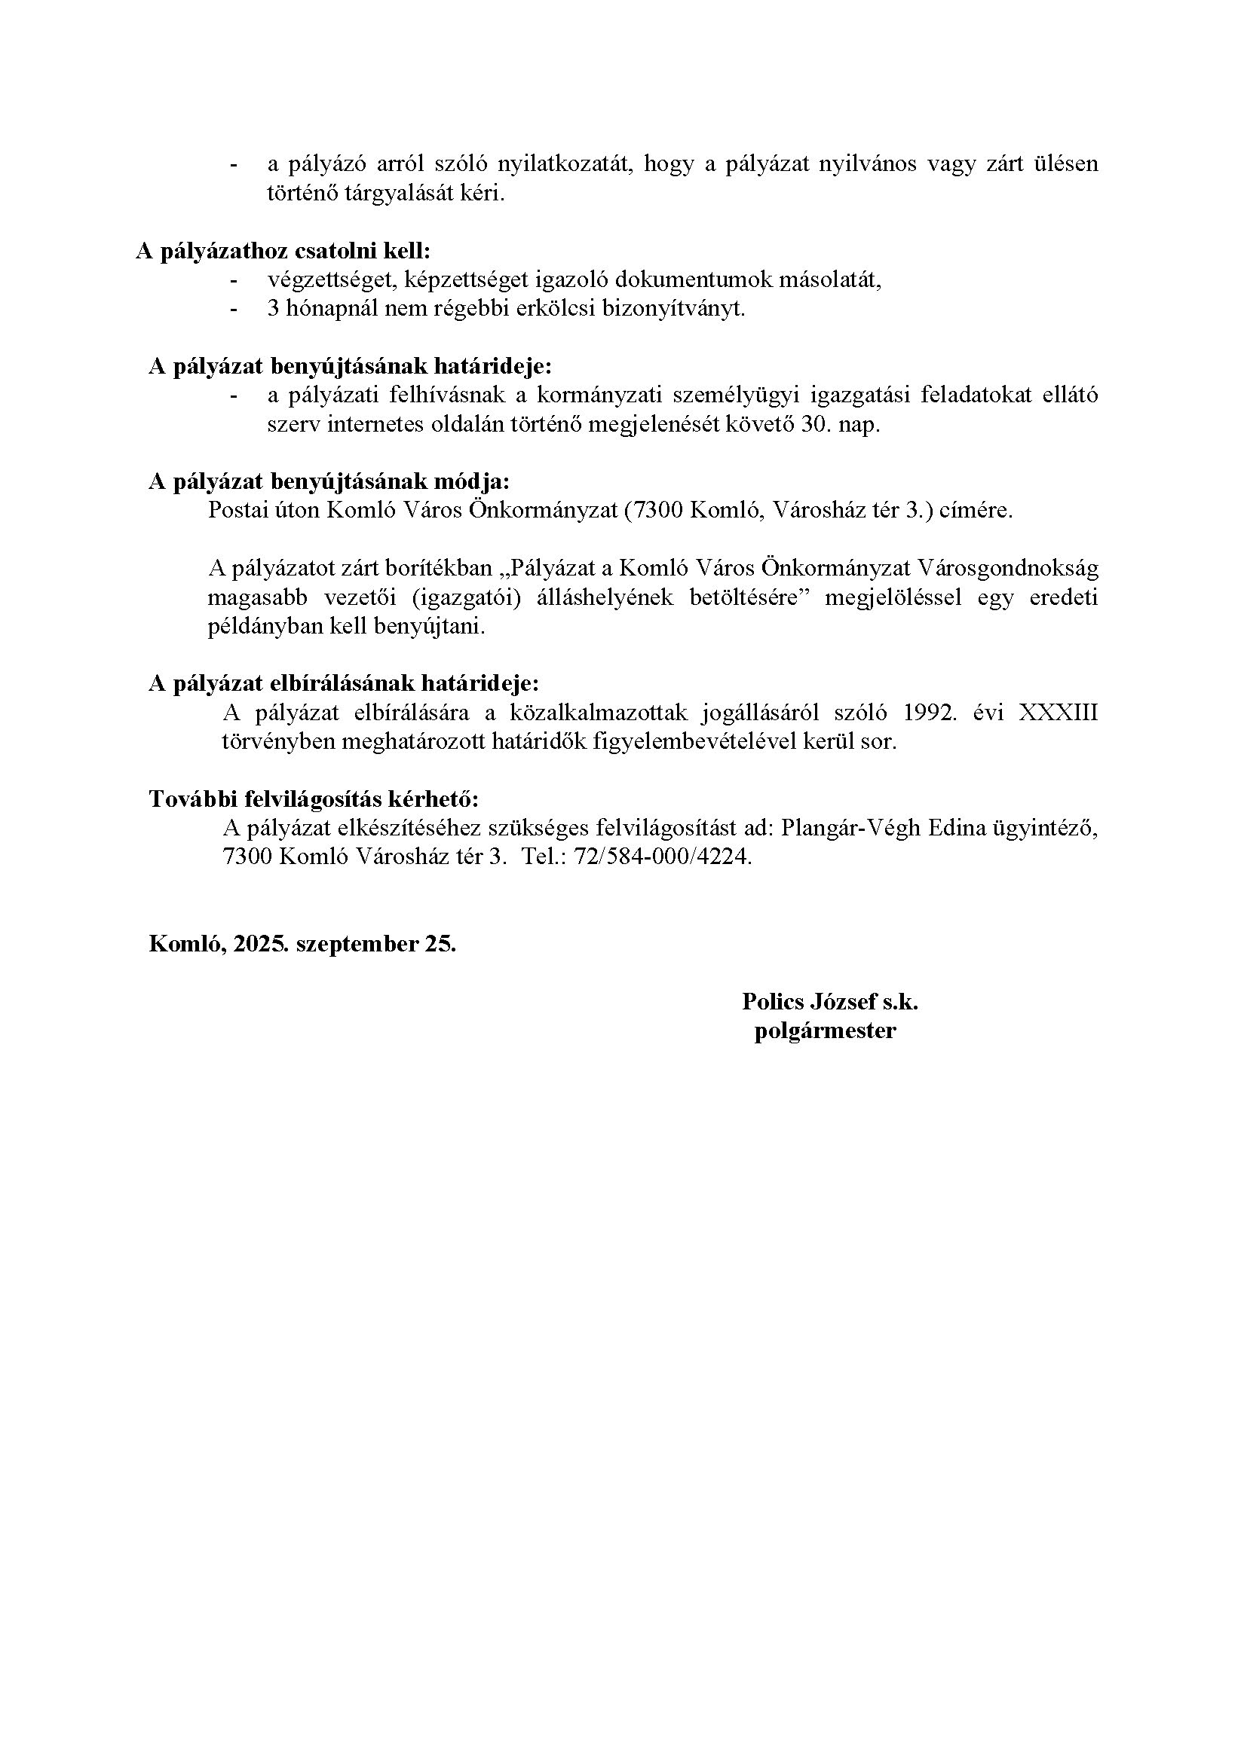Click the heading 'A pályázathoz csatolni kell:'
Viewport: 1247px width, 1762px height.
click(x=283, y=251)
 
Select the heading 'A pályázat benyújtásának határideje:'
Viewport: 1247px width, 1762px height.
click(x=350, y=366)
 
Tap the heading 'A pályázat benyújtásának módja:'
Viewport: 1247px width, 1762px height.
click(x=329, y=481)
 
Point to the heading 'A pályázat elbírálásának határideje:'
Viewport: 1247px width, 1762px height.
click(x=344, y=683)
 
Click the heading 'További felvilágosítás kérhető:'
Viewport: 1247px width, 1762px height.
click(x=314, y=798)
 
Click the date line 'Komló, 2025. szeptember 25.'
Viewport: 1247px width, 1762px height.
click(x=302, y=943)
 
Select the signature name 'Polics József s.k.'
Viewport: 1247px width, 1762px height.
click(x=830, y=1000)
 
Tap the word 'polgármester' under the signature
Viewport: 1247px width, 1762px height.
click(x=826, y=1030)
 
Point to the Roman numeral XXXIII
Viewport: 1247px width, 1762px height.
click(x=1057, y=713)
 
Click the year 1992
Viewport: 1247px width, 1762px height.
click(x=931, y=713)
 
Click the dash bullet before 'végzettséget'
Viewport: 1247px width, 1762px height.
click(x=234, y=279)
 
